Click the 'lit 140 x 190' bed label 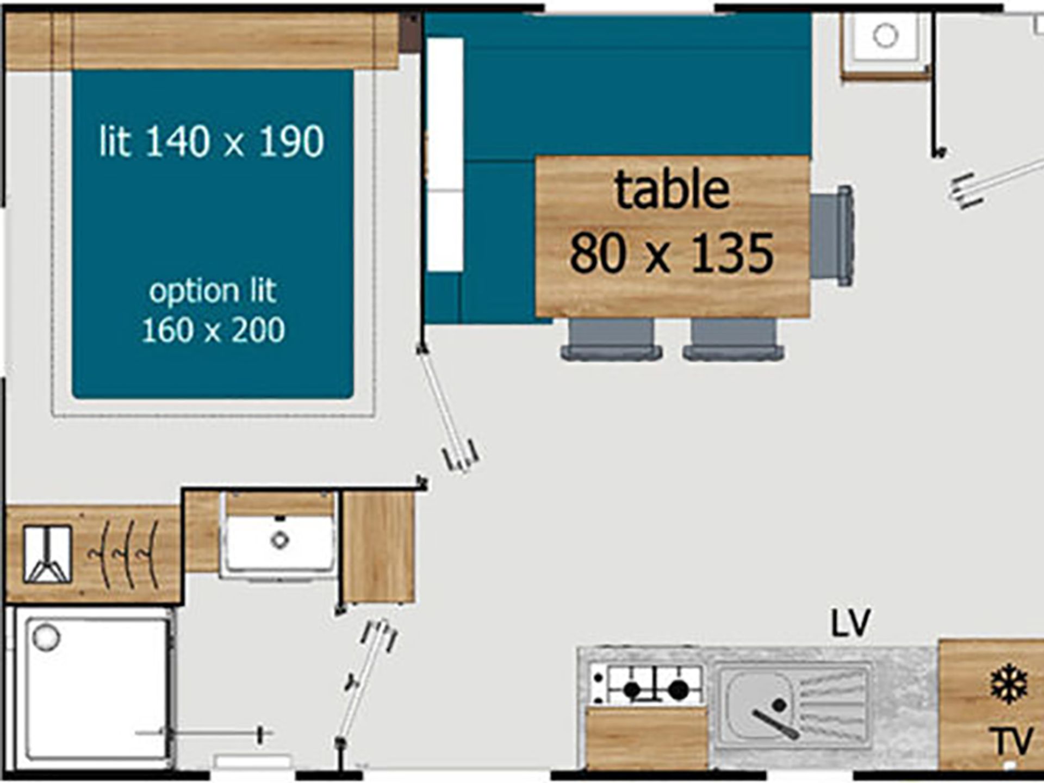click(212, 141)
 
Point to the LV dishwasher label click(851, 623)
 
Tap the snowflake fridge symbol click(1009, 683)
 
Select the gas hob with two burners click(647, 685)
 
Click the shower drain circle click(46, 637)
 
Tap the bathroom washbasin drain click(279, 540)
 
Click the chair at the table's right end click(832, 235)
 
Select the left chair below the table click(612, 339)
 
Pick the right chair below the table click(734, 339)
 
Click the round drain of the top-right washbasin click(885, 36)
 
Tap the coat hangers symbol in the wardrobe click(124, 554)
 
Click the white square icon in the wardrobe click(47, 554)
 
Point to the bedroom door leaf click(447, 408)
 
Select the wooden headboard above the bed click(202, 41)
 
